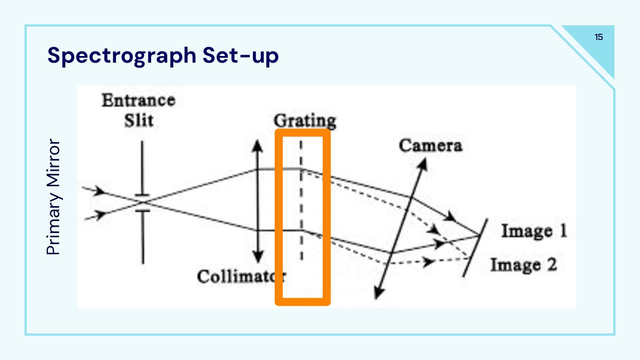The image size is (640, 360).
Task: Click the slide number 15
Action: [599, 37]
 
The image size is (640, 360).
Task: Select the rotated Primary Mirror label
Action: [53, 197]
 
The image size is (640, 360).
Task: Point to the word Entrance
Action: [138, 100]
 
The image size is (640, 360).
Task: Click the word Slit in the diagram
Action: [139, 120]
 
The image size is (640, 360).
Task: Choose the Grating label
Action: [305, 121]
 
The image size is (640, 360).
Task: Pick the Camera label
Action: [430, 145]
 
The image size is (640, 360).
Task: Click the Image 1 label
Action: [534, 232]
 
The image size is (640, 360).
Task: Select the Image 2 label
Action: [523, 265]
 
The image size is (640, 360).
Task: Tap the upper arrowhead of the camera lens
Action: [424, 163]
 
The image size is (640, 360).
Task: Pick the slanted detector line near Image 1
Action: [475, 248]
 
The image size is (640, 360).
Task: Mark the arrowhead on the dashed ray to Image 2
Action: [429, 262]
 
